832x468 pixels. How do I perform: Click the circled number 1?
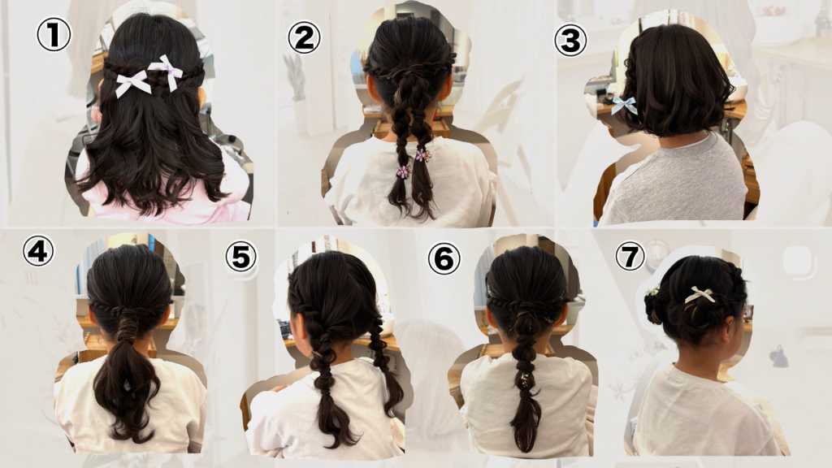(x=54, y=34)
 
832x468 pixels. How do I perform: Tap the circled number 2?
(x=304, y=37)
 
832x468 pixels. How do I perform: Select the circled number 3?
(x=570, y=41)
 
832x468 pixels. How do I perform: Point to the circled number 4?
(x=38, y=251)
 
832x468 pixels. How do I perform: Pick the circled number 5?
(x=240, y=258)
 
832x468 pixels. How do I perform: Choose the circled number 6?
(x=444, y=259)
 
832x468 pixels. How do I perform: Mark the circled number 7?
(x=630, y=257)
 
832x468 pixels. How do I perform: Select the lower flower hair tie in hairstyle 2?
(x=403, y=172)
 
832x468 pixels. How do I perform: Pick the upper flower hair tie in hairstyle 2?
(x=422, y=155)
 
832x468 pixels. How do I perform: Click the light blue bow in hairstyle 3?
(x=624, y=105)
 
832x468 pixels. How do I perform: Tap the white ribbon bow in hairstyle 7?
(x=700, y=294)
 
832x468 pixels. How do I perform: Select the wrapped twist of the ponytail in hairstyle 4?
(x=127, y=331)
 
